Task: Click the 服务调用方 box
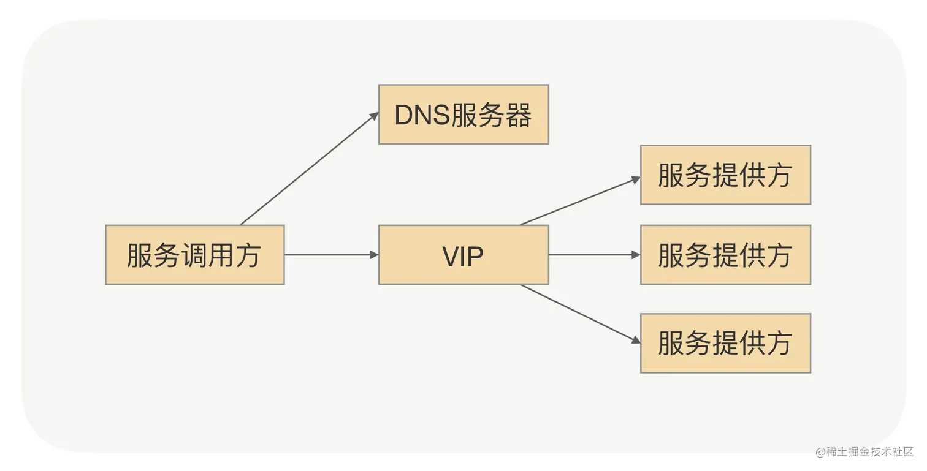194,255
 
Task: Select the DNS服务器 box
463,115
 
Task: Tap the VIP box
463,255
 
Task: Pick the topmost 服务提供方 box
725,175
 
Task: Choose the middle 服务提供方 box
725,255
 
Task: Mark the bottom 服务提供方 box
725,343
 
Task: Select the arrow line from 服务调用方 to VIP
331,255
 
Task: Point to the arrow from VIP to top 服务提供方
579,202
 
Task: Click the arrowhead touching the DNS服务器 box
374,116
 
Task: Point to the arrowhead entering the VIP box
374,255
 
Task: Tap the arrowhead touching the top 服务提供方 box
636,179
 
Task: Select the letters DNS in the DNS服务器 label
421,115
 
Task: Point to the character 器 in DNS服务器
519,115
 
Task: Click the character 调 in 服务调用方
194,255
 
